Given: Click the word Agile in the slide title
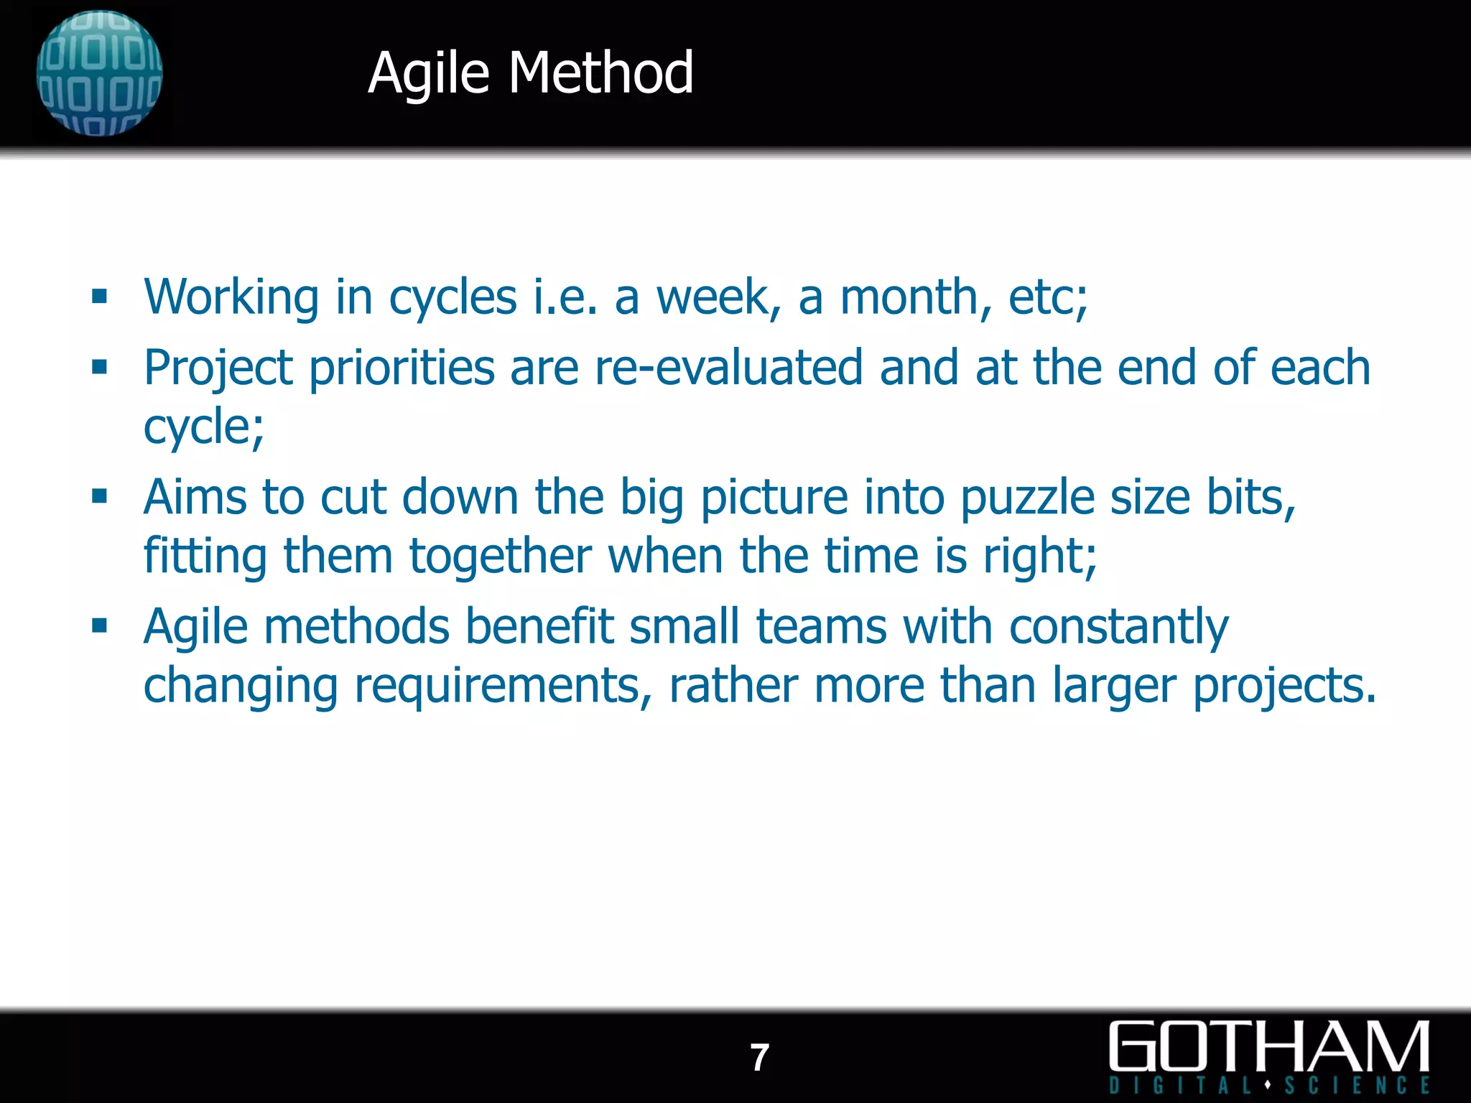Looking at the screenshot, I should coord(428,73).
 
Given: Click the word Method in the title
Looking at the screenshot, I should coord(601,73).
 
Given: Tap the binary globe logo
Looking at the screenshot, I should coord(99,73).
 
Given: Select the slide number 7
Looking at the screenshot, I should coord(759,1058).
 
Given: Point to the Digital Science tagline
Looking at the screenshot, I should coord(1268,1085).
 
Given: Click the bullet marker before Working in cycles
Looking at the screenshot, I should coord(99,297).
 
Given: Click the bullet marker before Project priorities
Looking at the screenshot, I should coord(99,368).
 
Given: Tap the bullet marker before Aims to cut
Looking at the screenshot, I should coord(99,496).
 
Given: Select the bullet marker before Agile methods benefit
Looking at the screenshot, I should coord(99,626).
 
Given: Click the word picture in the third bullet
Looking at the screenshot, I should coord(774,498).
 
